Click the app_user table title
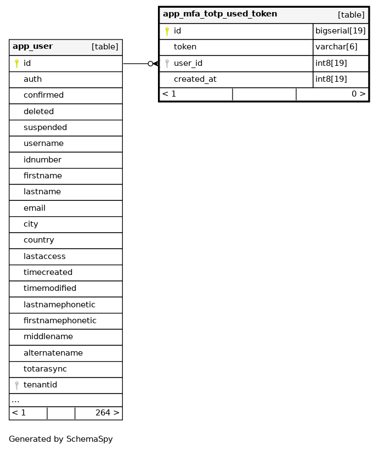pyautogui.click(x=33, y=47)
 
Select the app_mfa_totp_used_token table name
pyautogui.click(x=220, y=14)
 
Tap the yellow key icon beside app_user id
pyautogui.click(x=17, y=64)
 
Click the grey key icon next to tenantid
pyautogui.click(x=17, y=385)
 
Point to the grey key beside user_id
pyautogui.click(x=167, y=64)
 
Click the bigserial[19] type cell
pyautogui.click(x=340, y=31)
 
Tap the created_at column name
pyautogui.click(x=195, y=80)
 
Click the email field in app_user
pyautogui.click(x=35, y=209)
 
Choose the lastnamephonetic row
pyautogui.click(x=59, y=305)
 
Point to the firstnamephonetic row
pyautogui.click(x=60, y=321)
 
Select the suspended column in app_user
pyautogui.click(x=45, y=128)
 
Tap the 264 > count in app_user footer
pyautogui.click(x=107, y=413)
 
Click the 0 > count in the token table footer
pyautogui.click(x=358, y=94)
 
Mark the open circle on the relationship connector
pyautogui.click(x=150, y=64)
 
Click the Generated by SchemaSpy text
pyautogui.click(x=61, y=440)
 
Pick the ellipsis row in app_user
pyautogui.click(x=15, y=401)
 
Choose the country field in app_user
pyautogui.click(x=38, y=240)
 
